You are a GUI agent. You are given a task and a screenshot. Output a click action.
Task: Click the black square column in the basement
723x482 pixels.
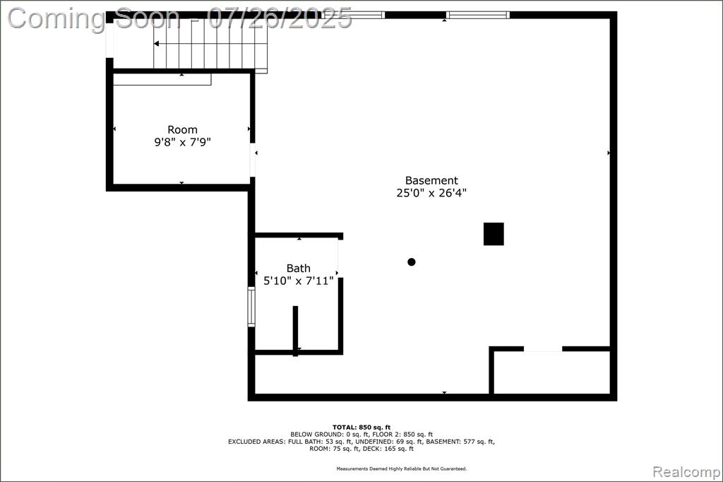click(494, 234)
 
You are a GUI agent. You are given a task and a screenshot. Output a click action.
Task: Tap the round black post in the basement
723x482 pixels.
click(412, 261)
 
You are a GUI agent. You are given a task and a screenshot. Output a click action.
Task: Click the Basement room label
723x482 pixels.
click(431, 180)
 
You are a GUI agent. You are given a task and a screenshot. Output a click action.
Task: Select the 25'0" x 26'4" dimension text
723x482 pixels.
click(431, 193)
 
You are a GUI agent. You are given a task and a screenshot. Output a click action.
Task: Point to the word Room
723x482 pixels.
click(182, 130)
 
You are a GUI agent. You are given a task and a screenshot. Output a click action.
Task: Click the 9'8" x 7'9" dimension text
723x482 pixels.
click(182, 142)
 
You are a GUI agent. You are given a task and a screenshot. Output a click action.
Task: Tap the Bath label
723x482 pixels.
click(299, 269)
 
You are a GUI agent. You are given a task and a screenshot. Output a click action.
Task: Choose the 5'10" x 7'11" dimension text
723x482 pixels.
click(299, 281)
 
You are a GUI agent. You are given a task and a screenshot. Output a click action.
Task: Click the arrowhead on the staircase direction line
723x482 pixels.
click(156, 43)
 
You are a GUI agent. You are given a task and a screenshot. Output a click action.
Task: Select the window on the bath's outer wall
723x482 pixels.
click(251, 307)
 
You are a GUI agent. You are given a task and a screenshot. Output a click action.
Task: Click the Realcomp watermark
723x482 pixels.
click(686, 472)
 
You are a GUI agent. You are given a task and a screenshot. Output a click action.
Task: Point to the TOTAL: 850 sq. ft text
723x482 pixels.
click(361, 428)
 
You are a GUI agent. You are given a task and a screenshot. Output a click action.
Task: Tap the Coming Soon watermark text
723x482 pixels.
click(94, 19)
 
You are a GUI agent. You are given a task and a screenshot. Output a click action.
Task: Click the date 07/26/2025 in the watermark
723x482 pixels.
click(280, 18)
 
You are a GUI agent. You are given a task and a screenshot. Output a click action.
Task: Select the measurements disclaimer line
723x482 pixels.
click(402, 469)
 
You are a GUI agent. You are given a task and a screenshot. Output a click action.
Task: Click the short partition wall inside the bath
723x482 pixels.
click(296, 331)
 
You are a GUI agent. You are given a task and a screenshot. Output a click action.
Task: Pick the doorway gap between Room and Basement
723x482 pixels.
click(253, 160)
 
